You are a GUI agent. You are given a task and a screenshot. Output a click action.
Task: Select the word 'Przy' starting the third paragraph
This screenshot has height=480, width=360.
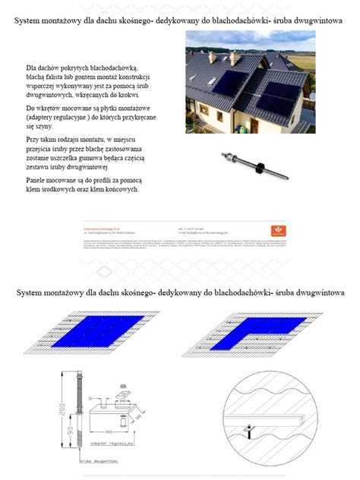point(33,139)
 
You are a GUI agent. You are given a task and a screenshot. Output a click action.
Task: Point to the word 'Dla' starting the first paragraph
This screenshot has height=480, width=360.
point(32,68)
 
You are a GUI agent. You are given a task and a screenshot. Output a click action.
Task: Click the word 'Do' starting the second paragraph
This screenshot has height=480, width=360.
point(30,109)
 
